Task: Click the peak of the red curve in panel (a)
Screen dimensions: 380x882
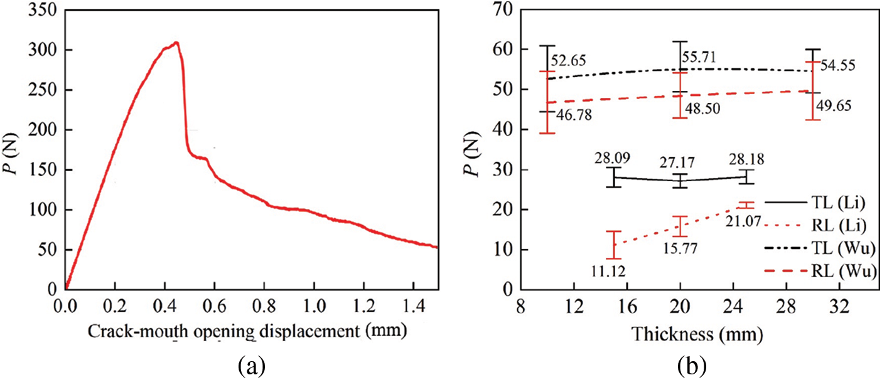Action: pyautogui.click(x=177, y=43)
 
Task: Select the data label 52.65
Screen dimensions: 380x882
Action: pyautogui.click(x=568, y=61)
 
